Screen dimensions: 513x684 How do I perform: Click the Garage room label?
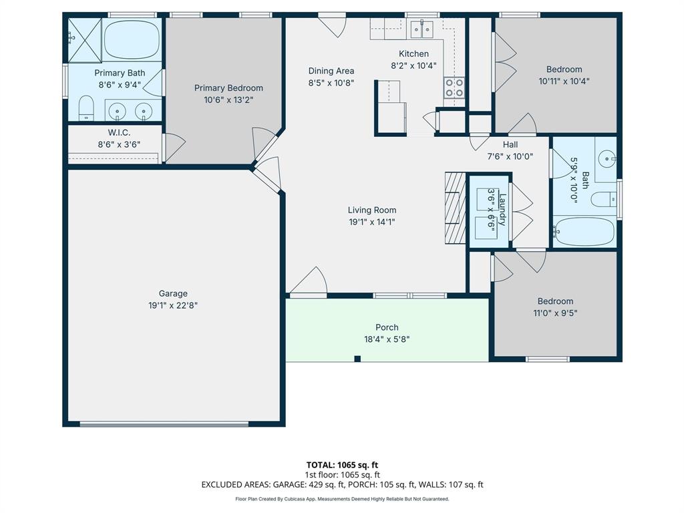173,293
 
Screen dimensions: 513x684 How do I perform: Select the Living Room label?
372,210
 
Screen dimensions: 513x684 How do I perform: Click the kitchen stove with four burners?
454,88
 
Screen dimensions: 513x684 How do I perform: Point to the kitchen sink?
421,29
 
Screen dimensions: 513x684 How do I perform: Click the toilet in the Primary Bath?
85,108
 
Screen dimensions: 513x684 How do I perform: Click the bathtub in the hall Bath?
584,231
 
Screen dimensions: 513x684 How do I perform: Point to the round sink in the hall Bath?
607,158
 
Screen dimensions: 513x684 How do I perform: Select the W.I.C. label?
119,133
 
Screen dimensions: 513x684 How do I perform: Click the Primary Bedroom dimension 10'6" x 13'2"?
228,100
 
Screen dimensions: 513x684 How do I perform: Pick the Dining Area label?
331,71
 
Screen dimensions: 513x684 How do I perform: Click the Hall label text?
510,144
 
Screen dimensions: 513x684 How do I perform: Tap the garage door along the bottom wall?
164,423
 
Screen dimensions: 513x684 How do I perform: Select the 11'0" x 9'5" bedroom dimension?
555,313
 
